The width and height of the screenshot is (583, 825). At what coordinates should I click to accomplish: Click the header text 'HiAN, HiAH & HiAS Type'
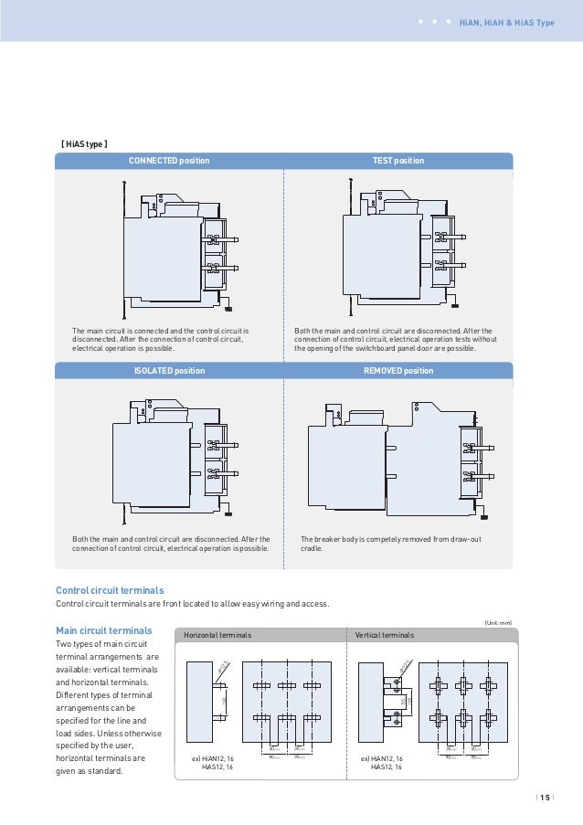[x=506, y=22]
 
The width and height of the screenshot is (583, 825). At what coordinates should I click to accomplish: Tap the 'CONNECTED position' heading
[x=169, y=161]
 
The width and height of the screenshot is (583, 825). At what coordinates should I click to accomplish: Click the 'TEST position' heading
[x=398, y=161]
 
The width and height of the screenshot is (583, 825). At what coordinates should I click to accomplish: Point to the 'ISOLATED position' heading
[x=169, y=371]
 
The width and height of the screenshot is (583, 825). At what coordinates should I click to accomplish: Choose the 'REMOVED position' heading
[x=398, y=371]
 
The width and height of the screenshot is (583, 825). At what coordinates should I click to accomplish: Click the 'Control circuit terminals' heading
[x=110, y=590]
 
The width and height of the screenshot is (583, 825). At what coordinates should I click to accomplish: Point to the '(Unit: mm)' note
[x=498, y=621]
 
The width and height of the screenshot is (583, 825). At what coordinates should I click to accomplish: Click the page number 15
[x=545, y=797]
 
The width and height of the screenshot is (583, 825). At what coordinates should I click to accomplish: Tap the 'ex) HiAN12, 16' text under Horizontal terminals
[x=213, y=758]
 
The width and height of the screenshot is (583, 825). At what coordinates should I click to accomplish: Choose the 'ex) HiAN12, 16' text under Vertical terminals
[x=382, y=758]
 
